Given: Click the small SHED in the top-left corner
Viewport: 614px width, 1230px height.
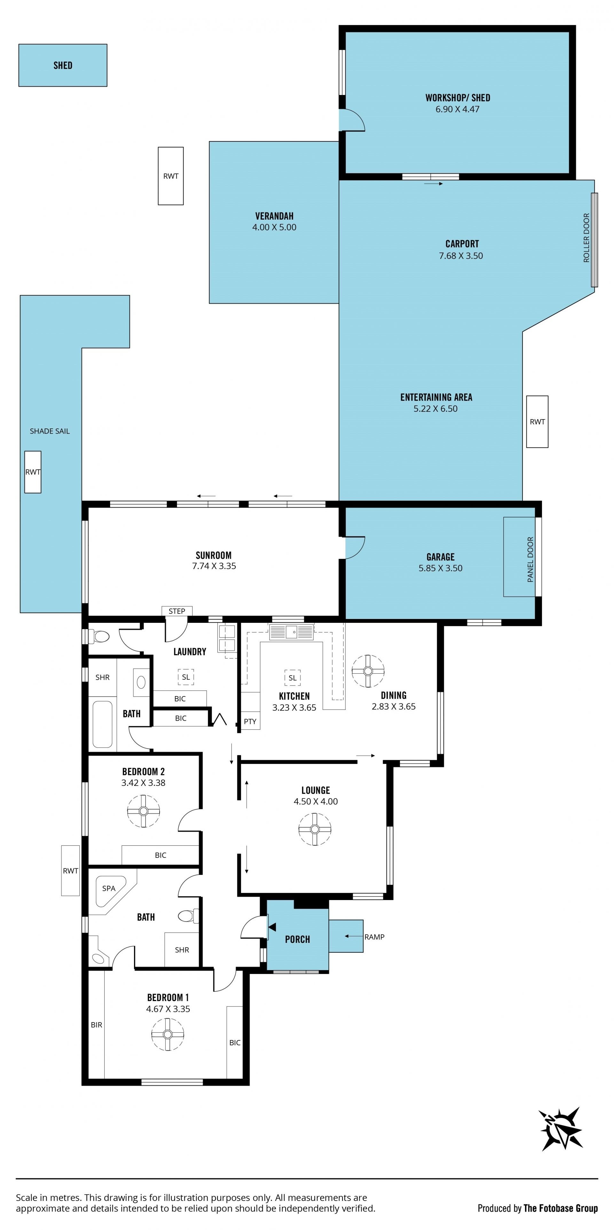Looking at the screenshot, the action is [x=63, y=66].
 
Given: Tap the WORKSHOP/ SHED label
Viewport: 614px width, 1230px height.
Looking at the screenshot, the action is [x=457, y=98].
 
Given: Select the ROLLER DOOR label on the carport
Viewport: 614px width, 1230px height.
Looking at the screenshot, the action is [x=586, y=237].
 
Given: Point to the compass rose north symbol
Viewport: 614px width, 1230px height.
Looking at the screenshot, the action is [x=561, y=1129].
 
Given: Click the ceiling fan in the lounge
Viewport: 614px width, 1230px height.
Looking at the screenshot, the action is [x=315, y=829].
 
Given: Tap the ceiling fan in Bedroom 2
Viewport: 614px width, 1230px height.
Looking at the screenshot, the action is [x=144, y=811].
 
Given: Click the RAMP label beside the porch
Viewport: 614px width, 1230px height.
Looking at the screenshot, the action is [x=374, y=937].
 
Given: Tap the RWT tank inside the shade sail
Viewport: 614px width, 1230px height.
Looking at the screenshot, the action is [x=33, y=472].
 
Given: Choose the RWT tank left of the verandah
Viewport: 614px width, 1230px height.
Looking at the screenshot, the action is [x=171, y=176].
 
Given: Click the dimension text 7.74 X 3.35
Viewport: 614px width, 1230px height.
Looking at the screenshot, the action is [x=214, y=566].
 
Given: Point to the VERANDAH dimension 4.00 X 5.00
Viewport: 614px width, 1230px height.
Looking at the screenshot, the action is [x=274, y=227].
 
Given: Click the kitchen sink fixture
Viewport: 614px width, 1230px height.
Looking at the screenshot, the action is [x=291, y=632].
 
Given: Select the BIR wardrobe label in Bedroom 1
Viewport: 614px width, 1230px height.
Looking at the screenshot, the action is [x=97, y=1025].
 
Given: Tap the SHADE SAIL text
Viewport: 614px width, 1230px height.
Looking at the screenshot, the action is [x=50, y=431].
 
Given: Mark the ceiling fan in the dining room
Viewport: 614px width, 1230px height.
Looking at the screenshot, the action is [x=368, y=671].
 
